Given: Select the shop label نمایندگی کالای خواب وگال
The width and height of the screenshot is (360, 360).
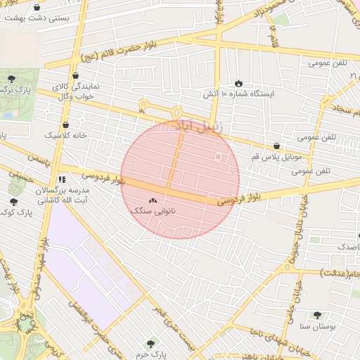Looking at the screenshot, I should point(76,90).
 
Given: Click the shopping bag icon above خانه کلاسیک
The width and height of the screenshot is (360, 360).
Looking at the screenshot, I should point(65,124).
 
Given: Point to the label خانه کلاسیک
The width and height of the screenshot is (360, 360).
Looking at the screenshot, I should point(65,134).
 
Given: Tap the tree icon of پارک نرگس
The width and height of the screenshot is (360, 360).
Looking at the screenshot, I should point(11,77).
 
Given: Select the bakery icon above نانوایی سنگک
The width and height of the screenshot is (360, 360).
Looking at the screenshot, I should point(153,200).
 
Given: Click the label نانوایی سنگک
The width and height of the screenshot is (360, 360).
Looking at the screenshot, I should point(153,210).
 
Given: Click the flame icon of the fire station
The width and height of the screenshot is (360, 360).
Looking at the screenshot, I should point(238,83).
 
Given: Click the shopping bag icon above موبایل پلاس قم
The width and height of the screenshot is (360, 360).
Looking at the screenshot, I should point(276,146).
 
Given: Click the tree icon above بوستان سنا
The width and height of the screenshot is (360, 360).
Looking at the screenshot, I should point(317,316).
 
